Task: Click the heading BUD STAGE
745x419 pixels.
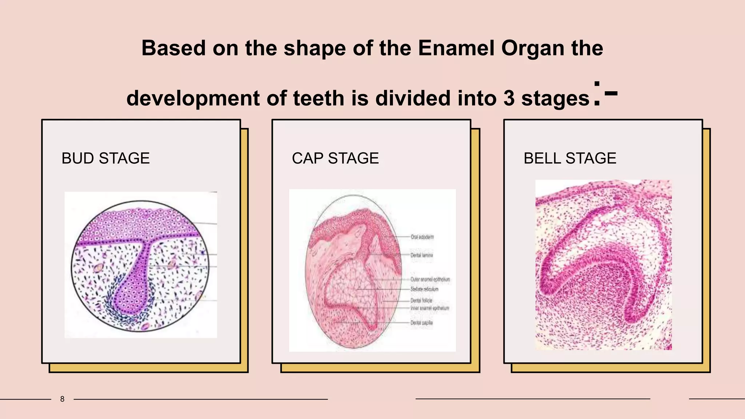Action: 105,159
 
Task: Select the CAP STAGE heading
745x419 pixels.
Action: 335,159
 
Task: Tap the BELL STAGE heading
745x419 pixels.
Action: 570,159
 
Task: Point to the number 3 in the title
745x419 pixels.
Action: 509,98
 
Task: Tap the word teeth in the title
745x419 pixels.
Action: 318,98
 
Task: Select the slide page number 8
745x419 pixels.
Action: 62,399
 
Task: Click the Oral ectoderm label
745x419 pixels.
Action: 422,237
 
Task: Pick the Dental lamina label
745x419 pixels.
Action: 422,255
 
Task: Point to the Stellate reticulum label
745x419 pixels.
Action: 424,289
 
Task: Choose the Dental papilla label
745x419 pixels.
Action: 421,323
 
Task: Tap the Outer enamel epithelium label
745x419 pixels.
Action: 430,279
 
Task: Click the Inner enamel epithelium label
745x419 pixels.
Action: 430,308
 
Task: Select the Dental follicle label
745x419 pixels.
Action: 421,300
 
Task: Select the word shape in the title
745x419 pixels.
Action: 315,48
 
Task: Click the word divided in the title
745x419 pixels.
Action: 413,98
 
